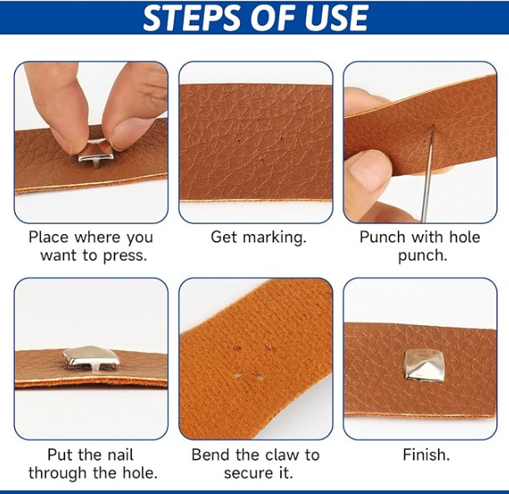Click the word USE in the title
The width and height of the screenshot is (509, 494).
336,18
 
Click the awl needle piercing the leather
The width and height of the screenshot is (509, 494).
427,173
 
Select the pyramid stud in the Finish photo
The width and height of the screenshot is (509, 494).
423,365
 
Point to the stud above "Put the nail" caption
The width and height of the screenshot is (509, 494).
92,359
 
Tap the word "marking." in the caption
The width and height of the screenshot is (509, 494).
274,237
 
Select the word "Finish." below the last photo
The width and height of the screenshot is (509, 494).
426,455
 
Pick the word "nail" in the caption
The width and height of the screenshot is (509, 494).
120,455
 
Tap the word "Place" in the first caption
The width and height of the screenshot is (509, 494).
48,237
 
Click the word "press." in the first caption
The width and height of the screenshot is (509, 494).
125,257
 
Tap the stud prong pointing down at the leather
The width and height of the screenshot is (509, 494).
96,164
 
